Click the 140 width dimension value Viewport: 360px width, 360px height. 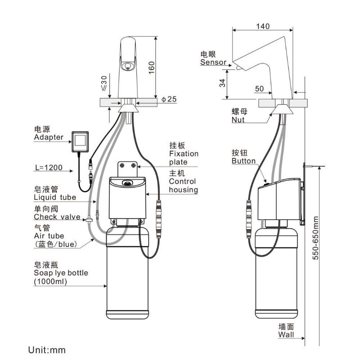[263, 26]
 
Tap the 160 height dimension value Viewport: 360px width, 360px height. [152, 68]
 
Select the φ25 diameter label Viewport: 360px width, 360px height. [169, 99]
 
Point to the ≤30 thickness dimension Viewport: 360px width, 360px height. [104, 83]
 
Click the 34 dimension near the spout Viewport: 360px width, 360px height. [222, 83]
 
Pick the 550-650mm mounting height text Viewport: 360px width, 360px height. [316, 238]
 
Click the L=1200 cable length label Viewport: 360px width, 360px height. [49, 167]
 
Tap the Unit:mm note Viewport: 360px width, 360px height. [47, 350]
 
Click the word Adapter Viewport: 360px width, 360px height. [49, 137]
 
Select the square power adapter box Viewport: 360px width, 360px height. [80, 141]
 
